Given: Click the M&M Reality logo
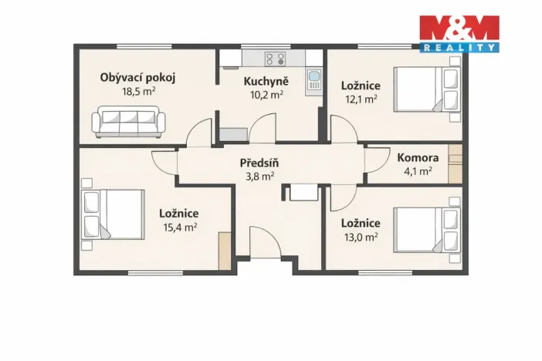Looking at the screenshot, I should (x=459, y=33).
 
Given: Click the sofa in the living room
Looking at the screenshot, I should (x=128, y=123).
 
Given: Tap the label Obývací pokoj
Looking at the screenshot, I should (x=138, y=77).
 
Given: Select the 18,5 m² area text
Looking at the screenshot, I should (x=139, y=90).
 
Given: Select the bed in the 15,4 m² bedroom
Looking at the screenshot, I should (x=113, y=214).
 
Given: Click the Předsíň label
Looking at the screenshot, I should (x=258, y=163).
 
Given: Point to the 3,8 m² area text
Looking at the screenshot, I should (x=258, y=176).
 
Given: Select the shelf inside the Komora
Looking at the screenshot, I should (x=456, y=164).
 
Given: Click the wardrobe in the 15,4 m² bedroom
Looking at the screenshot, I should (x=225, y=251).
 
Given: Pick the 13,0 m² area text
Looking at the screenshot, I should (x=360, y=237).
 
